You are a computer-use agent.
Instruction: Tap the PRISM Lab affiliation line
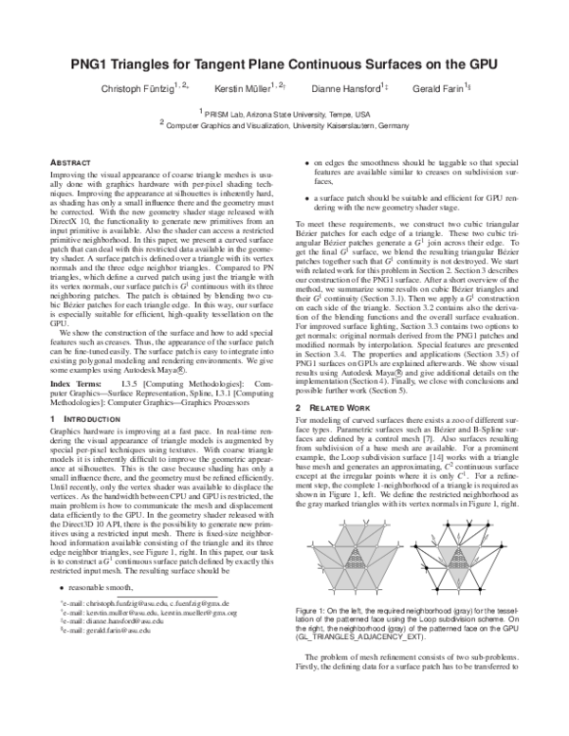tap(284, 112)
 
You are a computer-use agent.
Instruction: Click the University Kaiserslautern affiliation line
tap(284, 123)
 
